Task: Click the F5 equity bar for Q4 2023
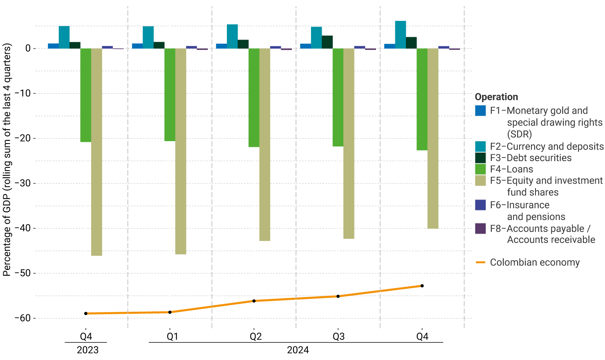pyautogui.click(x=96, y=152)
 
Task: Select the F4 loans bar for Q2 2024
pyautogui.click(x=254, y=98)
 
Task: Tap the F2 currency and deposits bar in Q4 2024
pyautogui.click(x=401, y=35)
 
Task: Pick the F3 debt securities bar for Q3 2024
pyautogui.click(x=327, y=42)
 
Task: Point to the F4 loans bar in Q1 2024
pyautogui.click(x=170, y=95)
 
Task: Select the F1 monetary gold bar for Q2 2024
pyautogui.click(x=221, y=46)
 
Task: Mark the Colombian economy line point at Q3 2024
pyautogui.click(x=338, y=296)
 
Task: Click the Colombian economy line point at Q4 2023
pyautogui.click(x=86, y=313)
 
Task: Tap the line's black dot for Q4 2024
pyautogui.click(x=422, y=286)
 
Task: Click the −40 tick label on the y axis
pyautogui.click(x=22, y=228)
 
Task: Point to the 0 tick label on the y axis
pyautogui.click(x=28, y=49)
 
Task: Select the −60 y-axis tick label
pyautogui.click(x=22, y=318)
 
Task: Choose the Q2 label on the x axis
pyautogui.click(x=255, y=337)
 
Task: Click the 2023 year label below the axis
pyautogui.click(x=87, y=350)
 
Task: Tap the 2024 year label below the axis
pyautogui.click(x=298, y=350)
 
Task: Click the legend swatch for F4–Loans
pyautogui.click(x=480, y=169)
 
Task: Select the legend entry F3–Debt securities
pyautogui.click(x=531, y=158)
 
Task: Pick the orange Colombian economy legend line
pyautogui.click(x=480, y=262)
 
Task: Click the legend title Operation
pyautogui.click(x=496, y=97)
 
